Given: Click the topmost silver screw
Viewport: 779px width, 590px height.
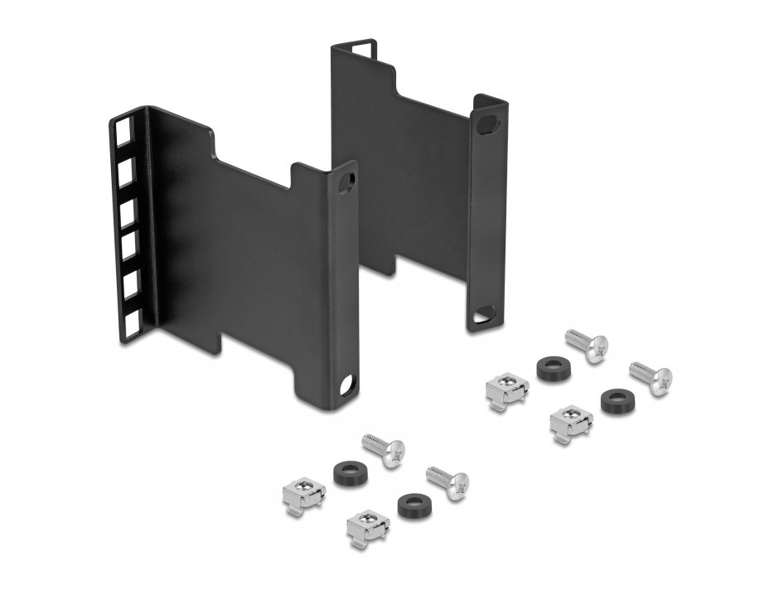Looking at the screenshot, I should (588, 345).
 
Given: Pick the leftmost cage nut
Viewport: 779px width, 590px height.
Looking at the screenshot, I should (304, 496).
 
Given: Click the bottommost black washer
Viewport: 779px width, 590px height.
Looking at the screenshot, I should (412, 505).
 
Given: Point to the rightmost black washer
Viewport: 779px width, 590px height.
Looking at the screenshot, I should (616, 400).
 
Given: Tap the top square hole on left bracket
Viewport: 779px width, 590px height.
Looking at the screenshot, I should (125, 132).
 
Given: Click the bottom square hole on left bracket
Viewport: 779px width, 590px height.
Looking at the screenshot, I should (133, 317).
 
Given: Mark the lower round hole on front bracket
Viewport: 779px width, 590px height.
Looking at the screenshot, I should (346, 386).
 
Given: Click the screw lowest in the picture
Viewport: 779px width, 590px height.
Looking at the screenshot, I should (448, 482).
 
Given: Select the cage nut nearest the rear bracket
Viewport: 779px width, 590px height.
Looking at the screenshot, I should (506, 389).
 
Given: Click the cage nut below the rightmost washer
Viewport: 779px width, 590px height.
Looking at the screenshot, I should (571, 423).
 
